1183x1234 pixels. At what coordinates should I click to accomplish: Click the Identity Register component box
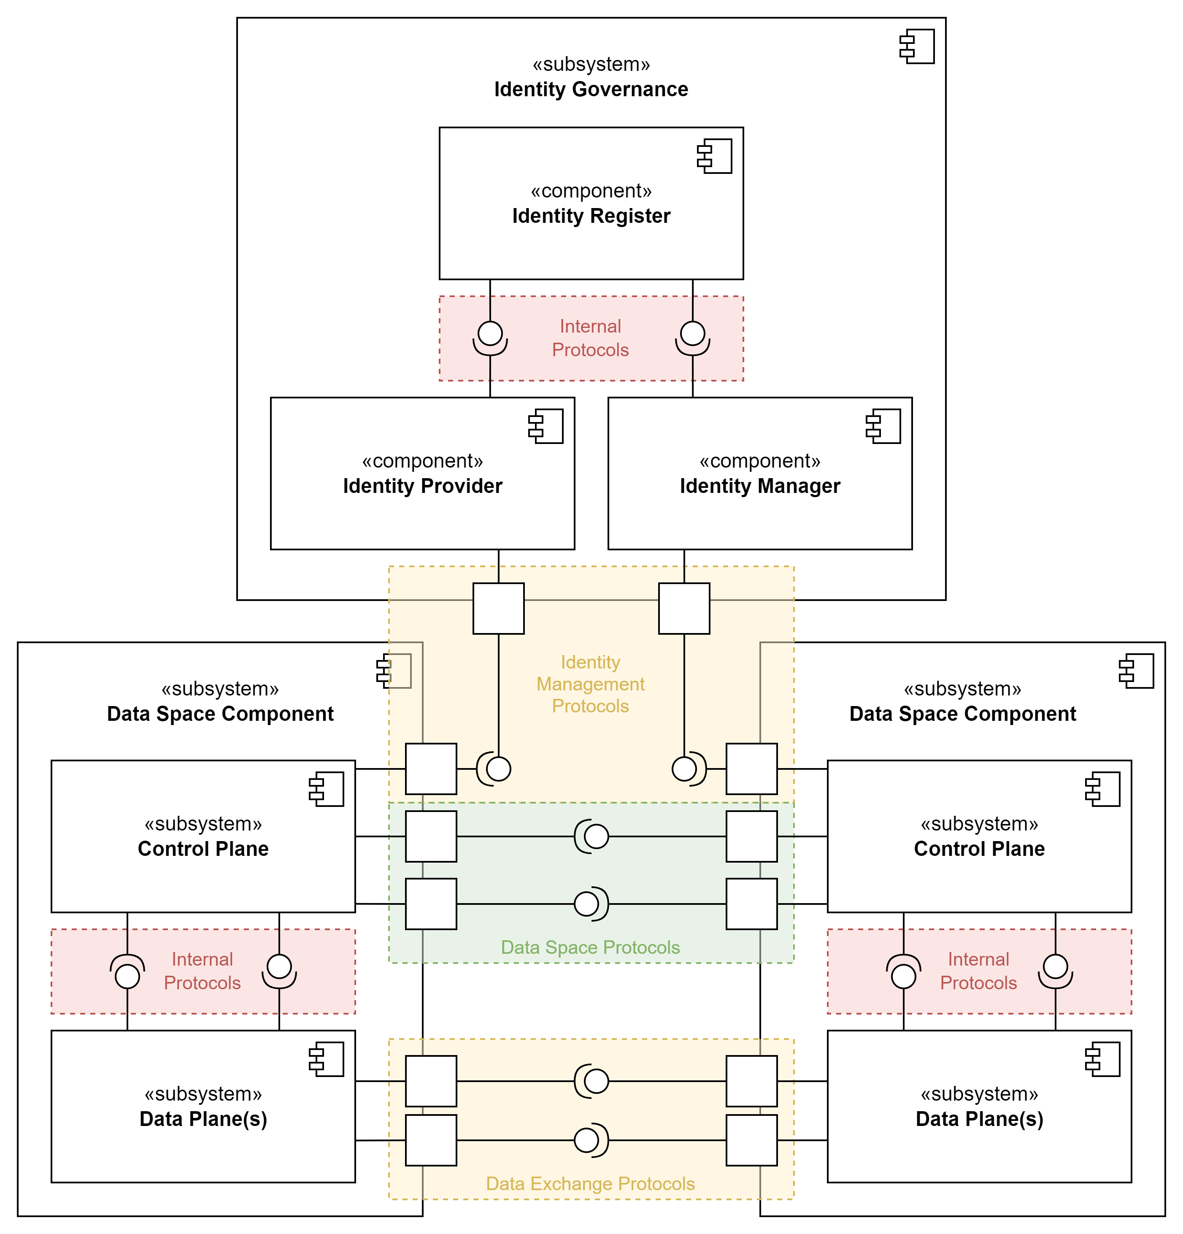coord(591,239)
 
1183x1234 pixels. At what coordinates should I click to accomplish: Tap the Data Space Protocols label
coord(590,947)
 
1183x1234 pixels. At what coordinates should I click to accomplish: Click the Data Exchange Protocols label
coord(590,1184)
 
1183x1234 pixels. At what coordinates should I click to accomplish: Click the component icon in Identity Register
coord(715,156)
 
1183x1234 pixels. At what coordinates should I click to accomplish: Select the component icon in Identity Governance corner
coord(917,46)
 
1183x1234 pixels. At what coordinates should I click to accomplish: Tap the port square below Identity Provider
coord(498,608)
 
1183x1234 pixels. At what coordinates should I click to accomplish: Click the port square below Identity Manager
coord(684,608)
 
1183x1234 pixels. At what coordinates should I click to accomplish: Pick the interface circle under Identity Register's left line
coord(490,333)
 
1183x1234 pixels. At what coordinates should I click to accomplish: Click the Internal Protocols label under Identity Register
coord(590,338)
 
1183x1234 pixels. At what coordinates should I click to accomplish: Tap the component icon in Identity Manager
coord(883,426)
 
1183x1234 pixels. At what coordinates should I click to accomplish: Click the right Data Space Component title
coord(963,714)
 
